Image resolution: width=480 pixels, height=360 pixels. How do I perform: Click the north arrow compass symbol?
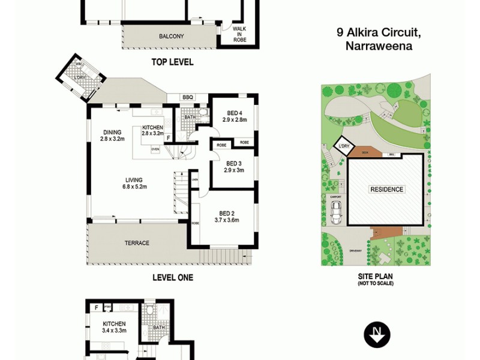click(x=377, y=335)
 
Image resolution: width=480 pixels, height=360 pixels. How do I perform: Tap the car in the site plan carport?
click(x=337, y=211)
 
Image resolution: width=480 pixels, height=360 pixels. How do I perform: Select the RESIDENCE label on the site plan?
click(x=386, y=190)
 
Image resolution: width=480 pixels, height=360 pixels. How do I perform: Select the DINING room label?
click(x=112, y=135)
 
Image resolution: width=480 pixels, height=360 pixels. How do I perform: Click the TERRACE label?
click(x=136, y=243)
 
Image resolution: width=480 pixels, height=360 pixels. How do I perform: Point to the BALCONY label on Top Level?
click(x=171, y=37)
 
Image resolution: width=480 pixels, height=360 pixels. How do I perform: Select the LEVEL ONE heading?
click(x=173, y=278)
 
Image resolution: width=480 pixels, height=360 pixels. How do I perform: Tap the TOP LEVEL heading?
click(x=173, y=62)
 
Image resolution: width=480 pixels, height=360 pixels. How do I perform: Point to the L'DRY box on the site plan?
click(x=344, y=147)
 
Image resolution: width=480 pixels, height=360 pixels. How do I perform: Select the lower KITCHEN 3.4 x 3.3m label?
click(x=114, y=327)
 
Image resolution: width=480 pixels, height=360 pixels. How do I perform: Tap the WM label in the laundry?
click(x=79, y=64)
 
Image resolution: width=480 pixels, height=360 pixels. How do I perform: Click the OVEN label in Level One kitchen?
click(x=155, y=149)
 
